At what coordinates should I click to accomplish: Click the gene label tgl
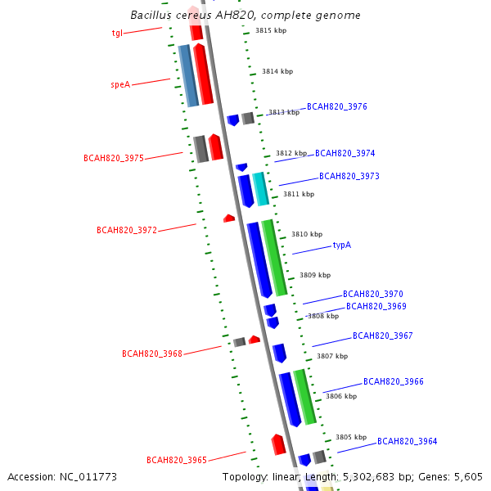tap(117, 34)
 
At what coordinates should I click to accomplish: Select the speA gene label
tap(120, 84)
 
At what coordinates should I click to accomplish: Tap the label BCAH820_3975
tap(114, 158)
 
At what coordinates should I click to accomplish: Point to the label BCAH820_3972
tap(127, 231)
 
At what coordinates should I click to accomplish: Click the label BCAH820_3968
tap(152, 354)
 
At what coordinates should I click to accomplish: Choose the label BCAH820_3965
tap(177, 460)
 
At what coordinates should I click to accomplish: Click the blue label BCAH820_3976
tap(336, 107)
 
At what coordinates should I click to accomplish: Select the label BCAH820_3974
tap(345, 153)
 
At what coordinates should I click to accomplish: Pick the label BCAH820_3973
tap(349, 176)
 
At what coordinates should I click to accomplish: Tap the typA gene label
tap(341, 245)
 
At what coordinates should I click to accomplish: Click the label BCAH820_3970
tap(372, 294)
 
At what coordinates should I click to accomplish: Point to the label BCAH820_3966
tap(393, 381)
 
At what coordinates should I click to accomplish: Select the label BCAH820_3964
tap(407, 442)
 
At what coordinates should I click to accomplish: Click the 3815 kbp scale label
tap(270, 30)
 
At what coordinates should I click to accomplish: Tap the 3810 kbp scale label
tap(307, 234)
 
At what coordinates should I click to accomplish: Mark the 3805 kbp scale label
tap(350, 437)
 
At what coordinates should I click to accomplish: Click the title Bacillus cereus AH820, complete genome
tap(245, 16)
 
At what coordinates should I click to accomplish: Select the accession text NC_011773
tap(62, 476)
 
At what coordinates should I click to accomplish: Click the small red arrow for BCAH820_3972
tap(229, 218)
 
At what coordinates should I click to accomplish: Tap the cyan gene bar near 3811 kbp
tap(261, 189)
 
